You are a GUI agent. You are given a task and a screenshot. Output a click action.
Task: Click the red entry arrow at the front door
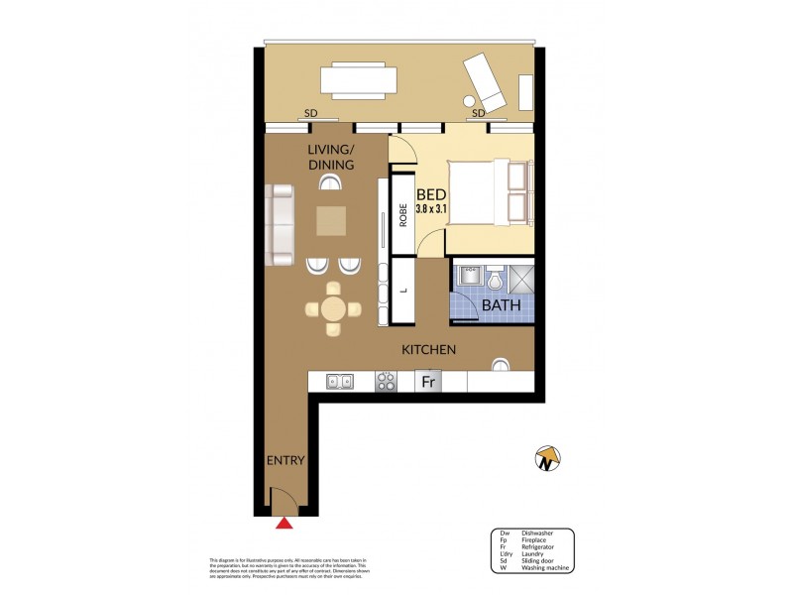pyautogui.click(x=285, y=523)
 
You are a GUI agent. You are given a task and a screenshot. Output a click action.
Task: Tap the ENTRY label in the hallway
pyautogui.click(x=284, y=460)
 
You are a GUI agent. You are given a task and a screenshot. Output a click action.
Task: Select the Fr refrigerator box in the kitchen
pyautogui.click(x=428, y=381)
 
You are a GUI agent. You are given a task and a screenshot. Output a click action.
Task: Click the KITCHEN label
pyautogui.click(x=428, y=350)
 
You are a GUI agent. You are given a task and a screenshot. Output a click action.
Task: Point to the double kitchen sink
pyautogui.click(x=339, y=381)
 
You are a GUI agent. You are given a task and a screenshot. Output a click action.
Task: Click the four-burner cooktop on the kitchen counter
pyautogui.click(x=387, y=381)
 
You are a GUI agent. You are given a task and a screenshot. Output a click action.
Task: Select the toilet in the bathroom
pyautogui.click(x=495, y=278)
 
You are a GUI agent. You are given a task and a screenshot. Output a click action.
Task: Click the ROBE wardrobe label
pyautogui.click(x=403, y=215)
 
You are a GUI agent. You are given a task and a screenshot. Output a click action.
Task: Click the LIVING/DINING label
pyautogui.click(x=330, y=156)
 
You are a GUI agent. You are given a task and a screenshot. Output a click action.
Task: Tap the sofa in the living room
pyautogui.click(x=280, y=224)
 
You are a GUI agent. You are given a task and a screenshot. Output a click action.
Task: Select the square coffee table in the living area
pyautogui.click(x=332, y=220)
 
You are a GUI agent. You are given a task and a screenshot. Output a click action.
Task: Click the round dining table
pyautogui.click(x=334, y=308)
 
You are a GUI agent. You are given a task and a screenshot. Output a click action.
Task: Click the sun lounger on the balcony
pyautogui.click(x=490, y=83)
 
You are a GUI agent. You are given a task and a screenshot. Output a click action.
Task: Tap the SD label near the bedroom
pyautogui.click(x=478, y=114)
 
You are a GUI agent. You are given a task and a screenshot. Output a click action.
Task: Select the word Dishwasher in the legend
pyautogui.click(x=535, y=533)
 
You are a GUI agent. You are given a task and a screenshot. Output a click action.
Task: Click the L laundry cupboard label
pyautogui.click(x=403, y=291)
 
